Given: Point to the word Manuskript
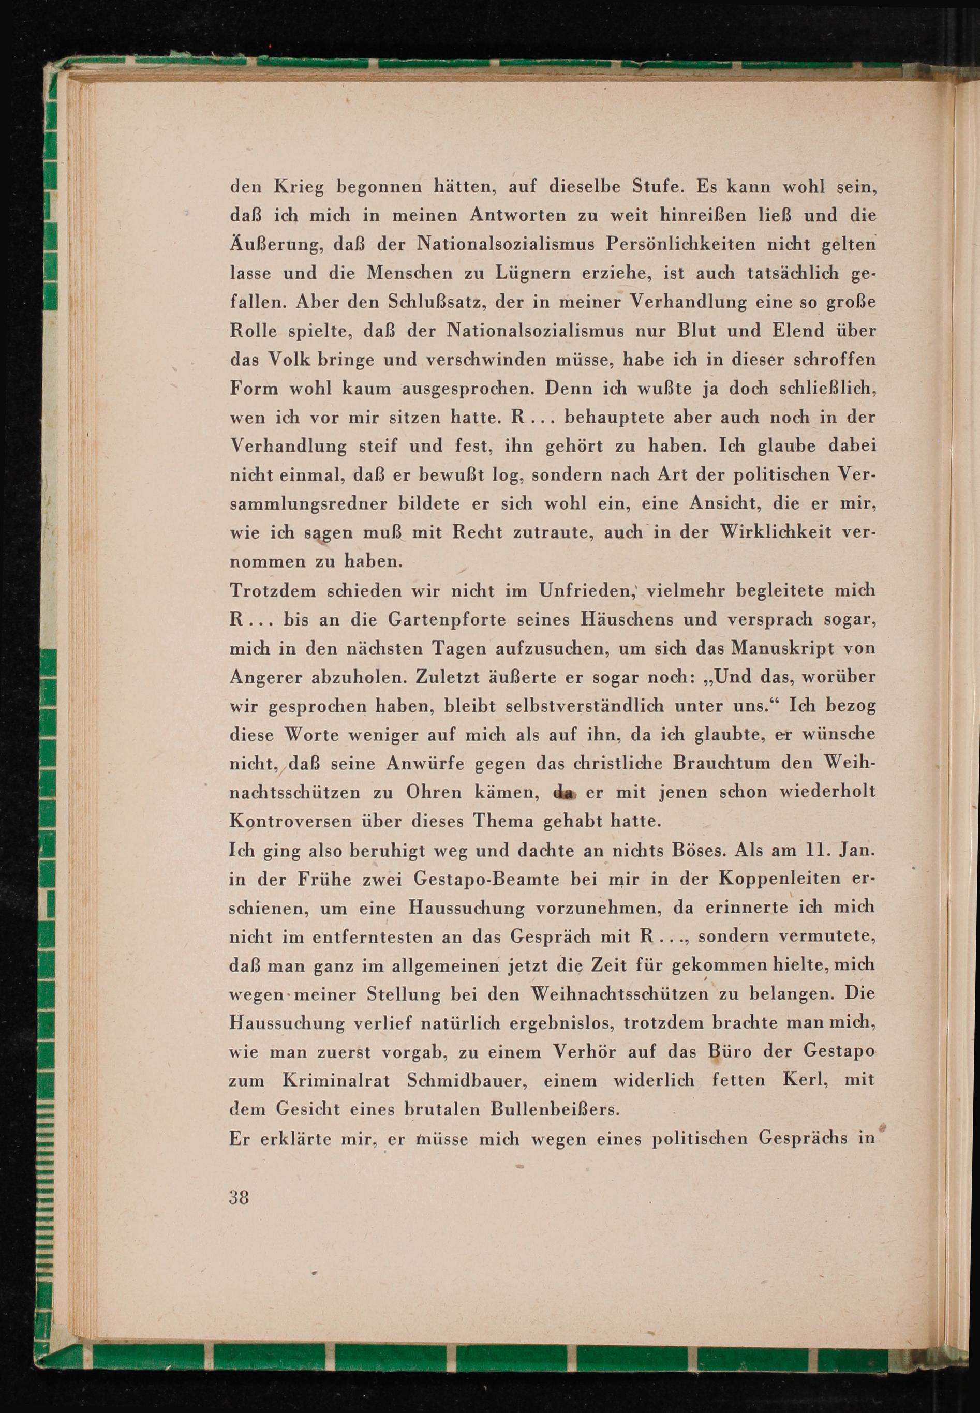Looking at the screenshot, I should point(767,648).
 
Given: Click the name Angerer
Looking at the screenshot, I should point(266,677).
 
